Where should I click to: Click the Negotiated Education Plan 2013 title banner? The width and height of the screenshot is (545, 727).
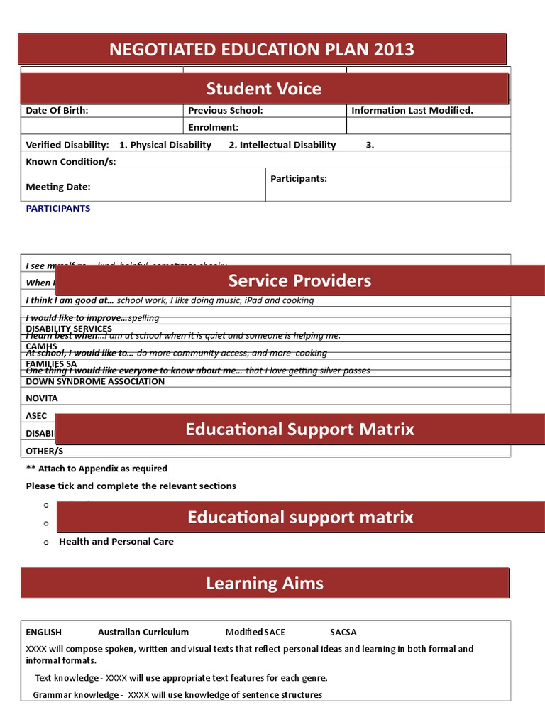coord(262,50)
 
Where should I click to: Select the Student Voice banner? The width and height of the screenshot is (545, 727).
coord(264,89)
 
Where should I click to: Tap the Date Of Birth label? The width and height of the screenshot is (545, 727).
coord(57,111)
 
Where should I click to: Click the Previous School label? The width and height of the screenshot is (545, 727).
coord(225,111)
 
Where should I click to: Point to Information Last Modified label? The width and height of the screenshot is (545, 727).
coord(412,111)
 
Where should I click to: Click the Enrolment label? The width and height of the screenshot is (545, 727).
coord(213,128)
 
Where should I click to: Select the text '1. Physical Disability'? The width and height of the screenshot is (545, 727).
coord(165,145)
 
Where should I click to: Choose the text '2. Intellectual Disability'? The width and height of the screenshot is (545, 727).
coord(282,145)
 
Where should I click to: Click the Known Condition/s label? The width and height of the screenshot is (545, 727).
coord(70,162)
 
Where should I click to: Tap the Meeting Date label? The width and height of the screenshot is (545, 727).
coord(58,187)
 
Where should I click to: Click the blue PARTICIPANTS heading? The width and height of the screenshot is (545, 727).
coord(58,209)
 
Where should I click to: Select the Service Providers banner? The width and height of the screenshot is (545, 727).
coord(299,280)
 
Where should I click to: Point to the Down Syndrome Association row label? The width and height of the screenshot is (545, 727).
coord(95,382)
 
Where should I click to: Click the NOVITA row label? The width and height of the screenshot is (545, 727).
coord(42,399)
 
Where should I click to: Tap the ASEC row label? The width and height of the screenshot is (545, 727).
coord(36,416)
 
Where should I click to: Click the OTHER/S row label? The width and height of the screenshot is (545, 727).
coord(44,451)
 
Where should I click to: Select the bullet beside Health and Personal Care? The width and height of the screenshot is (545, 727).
coord(45,542)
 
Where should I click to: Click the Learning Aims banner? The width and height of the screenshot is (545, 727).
coord(265,584)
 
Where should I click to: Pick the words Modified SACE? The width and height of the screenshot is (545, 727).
coord(255,632)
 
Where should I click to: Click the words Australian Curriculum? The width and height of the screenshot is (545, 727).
coord(143,632)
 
